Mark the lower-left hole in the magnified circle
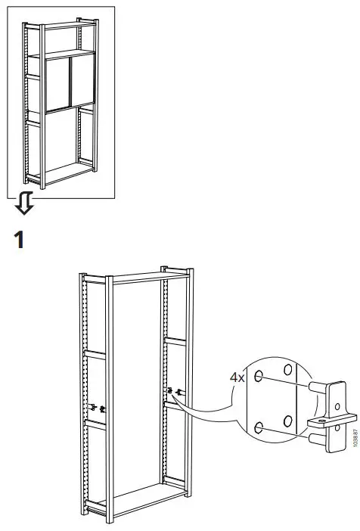pyautogui.click(x=259, y=428)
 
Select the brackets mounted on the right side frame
pyautogui.click(x=175, y=392)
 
